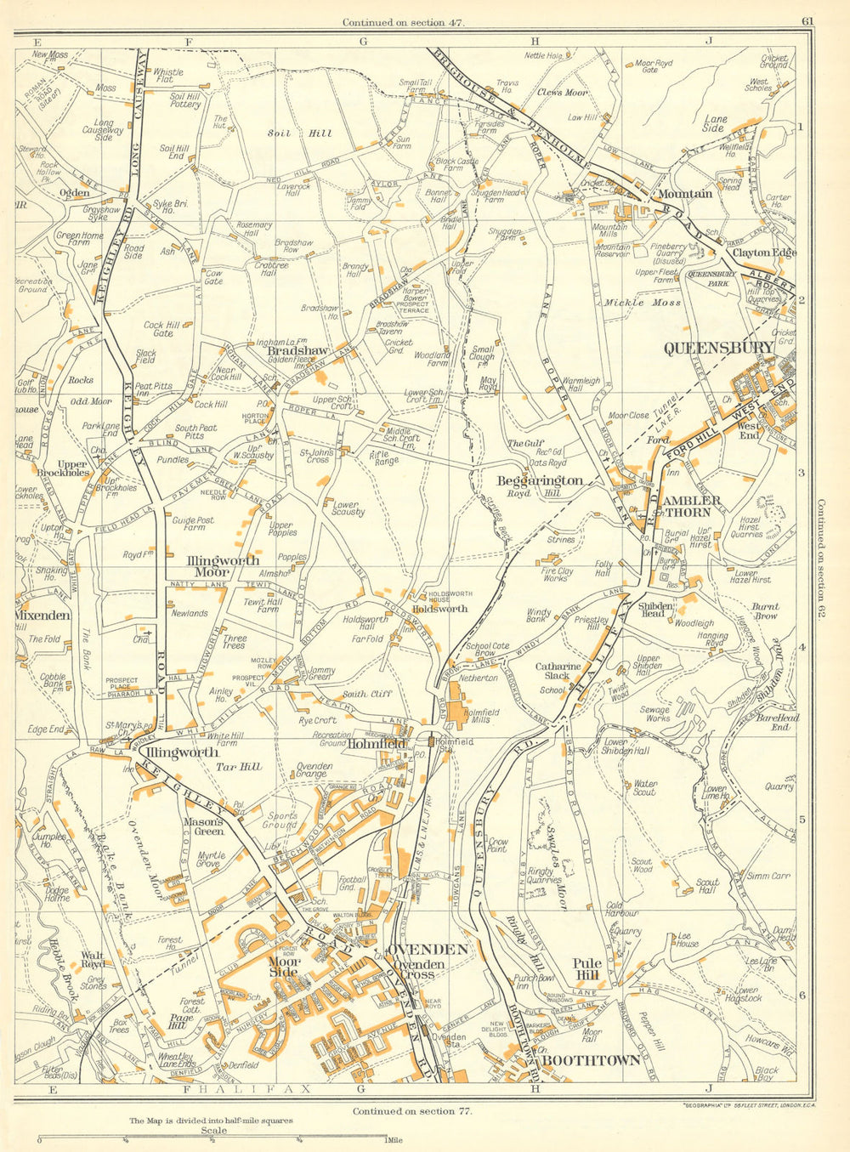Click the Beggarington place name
click(539, 481)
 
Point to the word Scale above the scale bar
click(214, 1131)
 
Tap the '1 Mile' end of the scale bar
click(393, 1140)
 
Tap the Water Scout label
click(644, 787)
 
